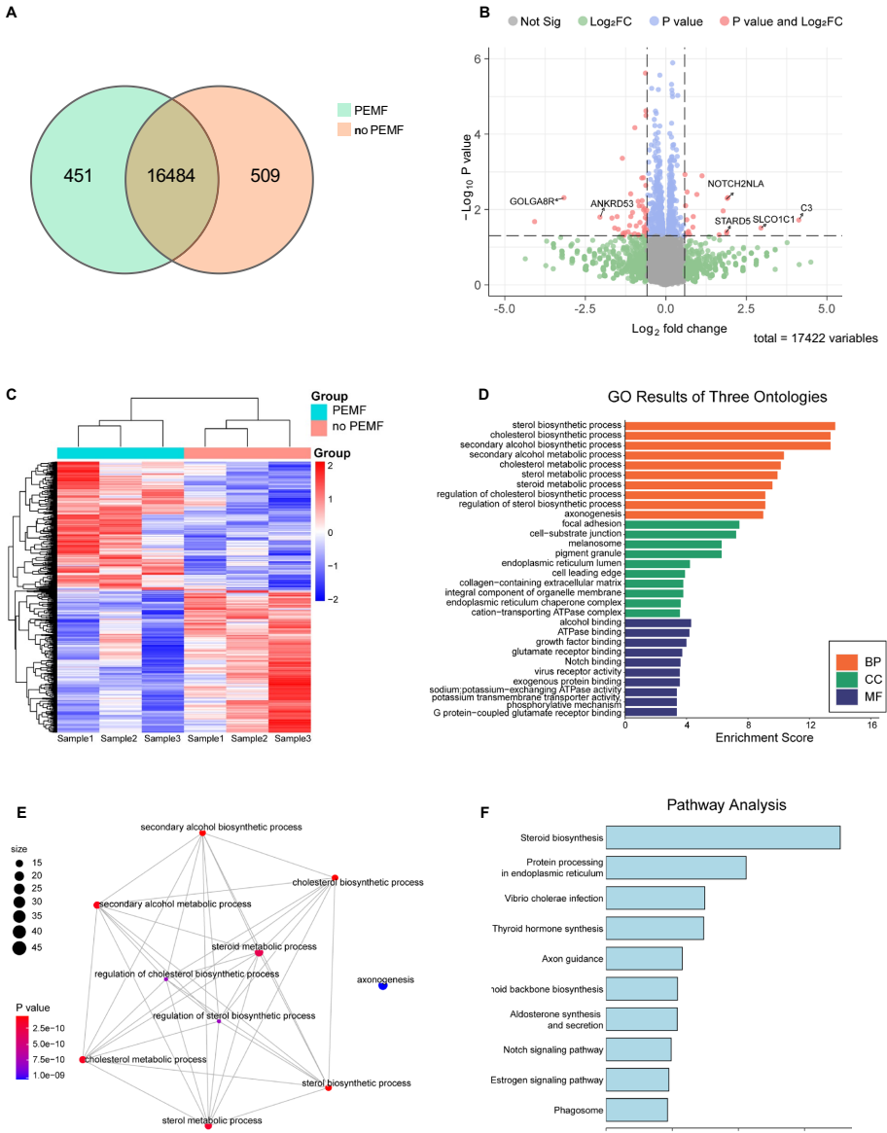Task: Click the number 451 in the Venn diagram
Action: (77, 175)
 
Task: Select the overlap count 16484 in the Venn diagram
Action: (171, 175)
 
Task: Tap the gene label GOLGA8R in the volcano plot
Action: (531, 201)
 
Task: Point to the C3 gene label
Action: (806, 208)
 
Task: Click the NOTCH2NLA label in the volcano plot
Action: (735, 183)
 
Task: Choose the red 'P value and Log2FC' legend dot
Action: (726, 19)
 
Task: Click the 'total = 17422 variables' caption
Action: (816, 338)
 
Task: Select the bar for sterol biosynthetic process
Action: (729, 425)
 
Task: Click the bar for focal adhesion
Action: (682, 524)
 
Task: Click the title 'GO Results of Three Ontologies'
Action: (718, 397)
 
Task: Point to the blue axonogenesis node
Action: (383, 986)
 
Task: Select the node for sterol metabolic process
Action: (208, 1125)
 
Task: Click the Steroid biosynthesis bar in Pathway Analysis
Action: (723, 836)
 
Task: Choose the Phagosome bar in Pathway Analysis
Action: (636, 1110)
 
